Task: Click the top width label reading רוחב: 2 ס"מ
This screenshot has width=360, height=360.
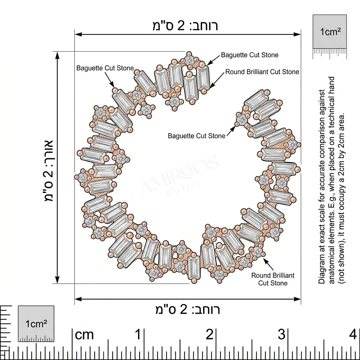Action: pyautogui.click(x=185, y=26)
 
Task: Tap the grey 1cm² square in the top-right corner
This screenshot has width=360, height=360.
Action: pyautogui.click(x=330, y=32)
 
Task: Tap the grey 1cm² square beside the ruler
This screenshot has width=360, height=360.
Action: pyautogui.click(x=36, y=324)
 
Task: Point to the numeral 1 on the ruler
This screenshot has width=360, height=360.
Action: pyautogui.click(x=138, y=335)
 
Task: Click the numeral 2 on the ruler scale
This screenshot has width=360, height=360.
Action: pyautogui.click(x=210, y=335)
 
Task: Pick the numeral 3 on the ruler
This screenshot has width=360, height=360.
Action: pyautogui.click(x=282, y=335)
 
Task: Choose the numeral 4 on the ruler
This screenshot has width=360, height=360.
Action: pyautogui.click(x=353, y=335)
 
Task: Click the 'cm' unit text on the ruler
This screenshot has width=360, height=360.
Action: pyautogui.click(x=84, y=335)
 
